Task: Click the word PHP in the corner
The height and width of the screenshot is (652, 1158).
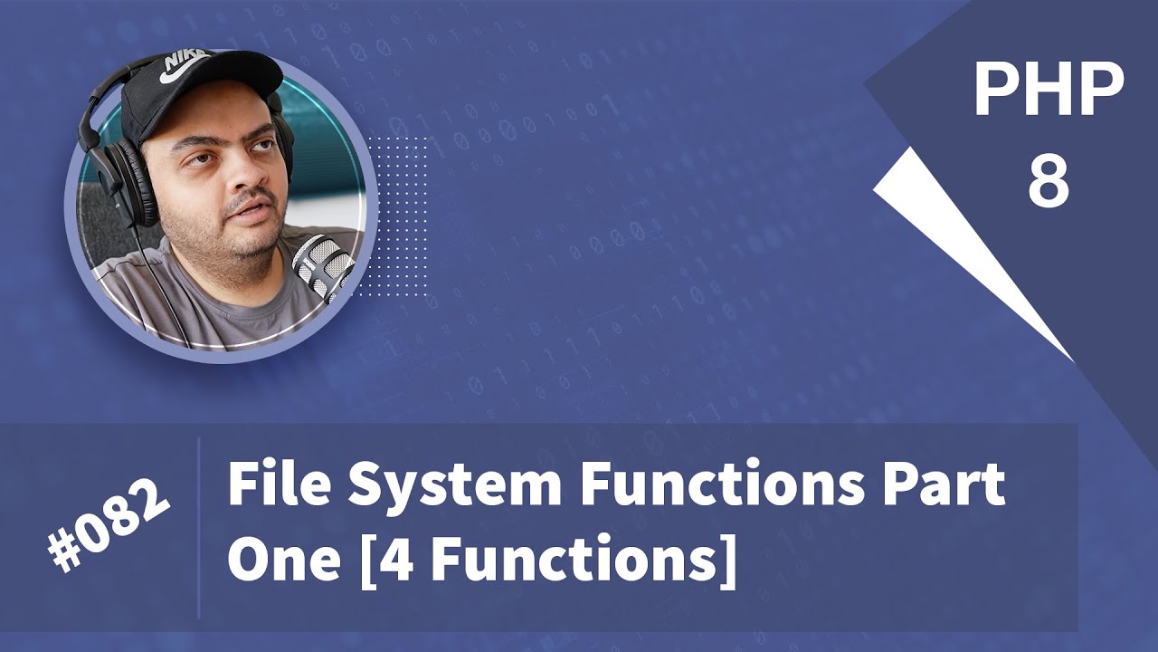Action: pyautogui.click(x=1049, y=92)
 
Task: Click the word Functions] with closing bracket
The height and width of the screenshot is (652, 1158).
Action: pyautogui.click(x=579, y=561)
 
